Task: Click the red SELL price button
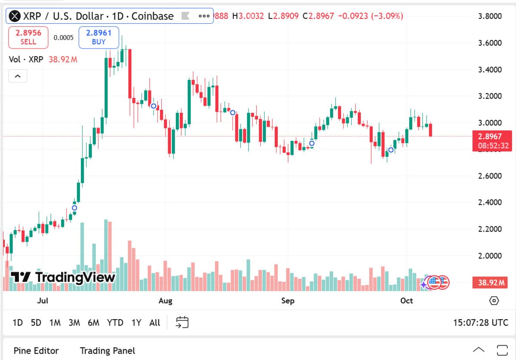(28, 37)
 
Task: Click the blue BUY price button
(98, 37)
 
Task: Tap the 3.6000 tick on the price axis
(490, 43)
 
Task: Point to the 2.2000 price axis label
(490, 229)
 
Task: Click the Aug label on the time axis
(165, 301)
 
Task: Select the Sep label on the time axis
(288, 301)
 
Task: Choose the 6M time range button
(93, 323)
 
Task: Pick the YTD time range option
(115, 323)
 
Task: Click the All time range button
(155, 323)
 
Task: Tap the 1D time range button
(18, 323)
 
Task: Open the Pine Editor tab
(36, 351)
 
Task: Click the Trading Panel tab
(107, 351)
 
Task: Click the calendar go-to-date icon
(182, 322)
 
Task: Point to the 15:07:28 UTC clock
(480, 323)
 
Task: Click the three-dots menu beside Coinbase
(204, 16)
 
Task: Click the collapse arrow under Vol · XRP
(18, 76)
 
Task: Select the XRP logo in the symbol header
(15, 16)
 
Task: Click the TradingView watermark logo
(63, 277)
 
